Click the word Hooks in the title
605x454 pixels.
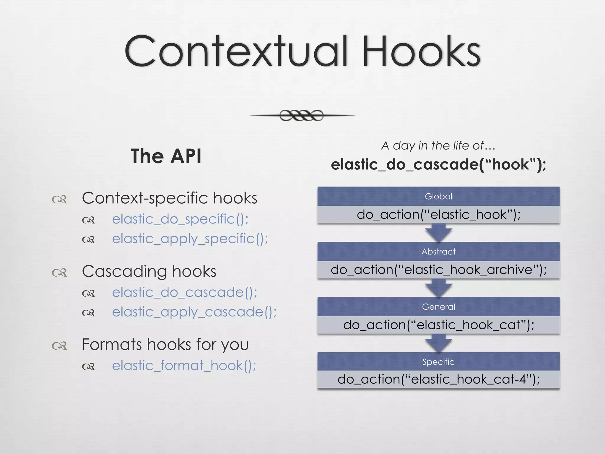pyautogui.click(x=422, y=52)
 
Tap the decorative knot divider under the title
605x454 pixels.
pyautogui.click(x=302, y=115)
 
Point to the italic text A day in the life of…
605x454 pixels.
pyautogui.click(x=438, y=145)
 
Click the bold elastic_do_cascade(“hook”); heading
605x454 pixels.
pyautogui.click(x=438, y=164)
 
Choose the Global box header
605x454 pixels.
pyautogui.click(x=438, y=196)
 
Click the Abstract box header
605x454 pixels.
pyautogui.click(x=438, y=252)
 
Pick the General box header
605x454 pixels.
pyautogui.click(x=438, y=307)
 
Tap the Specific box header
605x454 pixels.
pyautogui.click(x=438, y=362)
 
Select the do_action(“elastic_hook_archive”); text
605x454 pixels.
pyautogui.click(x=438, y=270)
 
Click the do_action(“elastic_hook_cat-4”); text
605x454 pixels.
pyautogui.click(x=438, y=379)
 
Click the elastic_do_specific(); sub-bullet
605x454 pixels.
pyautogui.click(x=180, y=219)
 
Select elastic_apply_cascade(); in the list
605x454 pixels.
pyautogui.click(x=194, y=312)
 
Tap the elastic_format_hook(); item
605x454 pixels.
pyautogui.click(x=184, y=366)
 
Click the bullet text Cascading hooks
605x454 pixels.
pyautogui.click(x=149, y=271)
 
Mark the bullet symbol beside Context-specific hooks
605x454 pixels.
pyautogui.click(x=59, y=200)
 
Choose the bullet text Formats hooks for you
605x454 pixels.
pyautogui.click(x=165, y=345)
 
